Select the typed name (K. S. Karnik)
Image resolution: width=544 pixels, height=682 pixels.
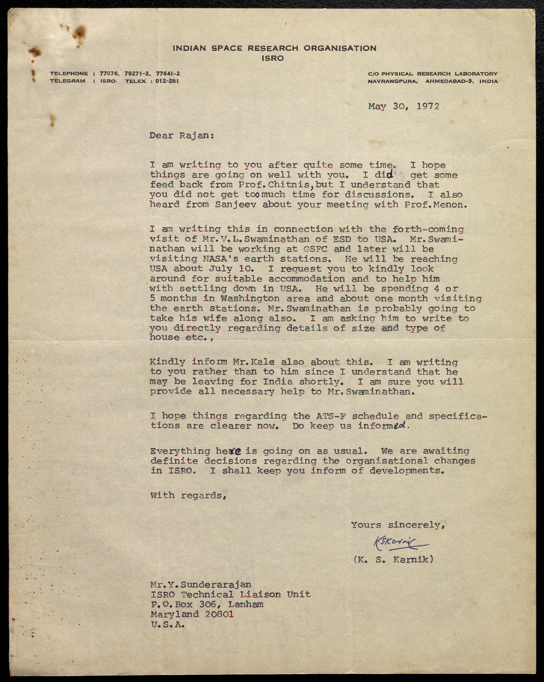[393, 560]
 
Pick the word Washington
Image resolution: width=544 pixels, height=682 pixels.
[250, 298]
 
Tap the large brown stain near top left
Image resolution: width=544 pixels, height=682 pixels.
[80, 32]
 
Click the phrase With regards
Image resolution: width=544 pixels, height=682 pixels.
[188, 495]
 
